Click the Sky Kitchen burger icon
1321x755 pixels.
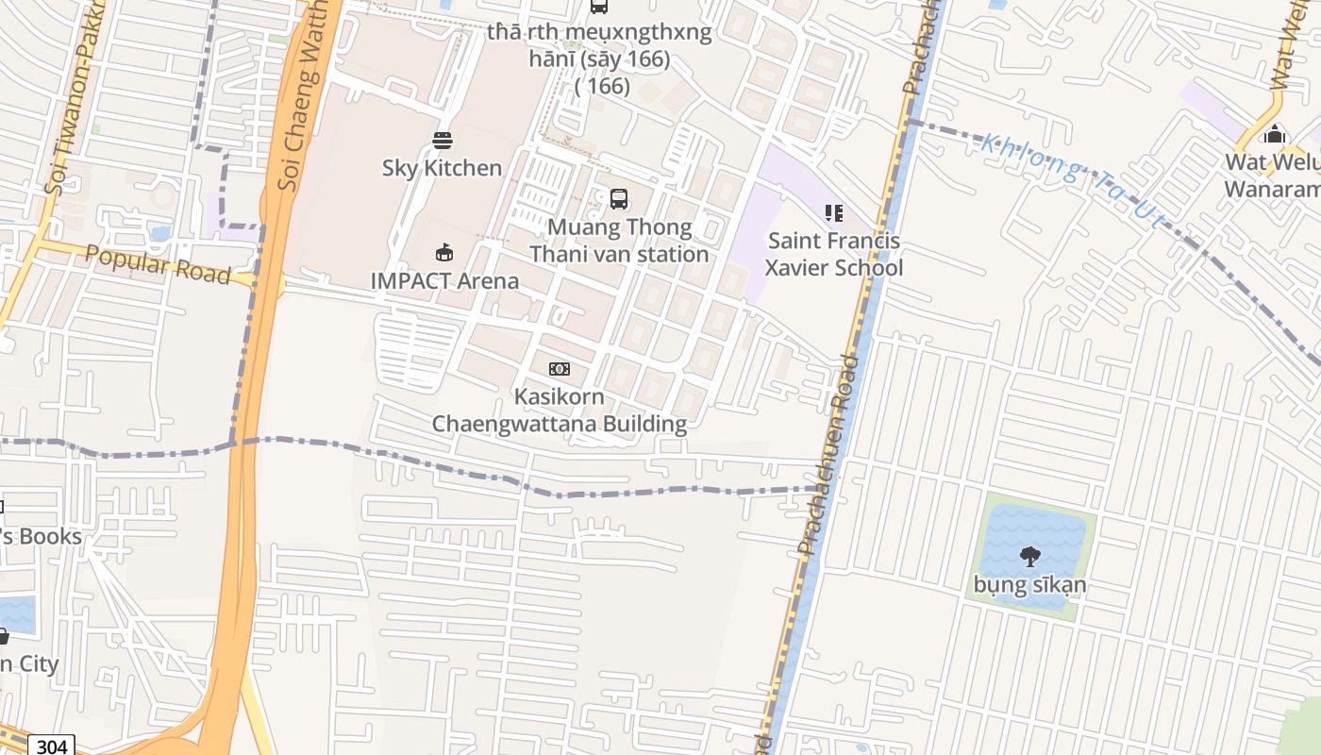coord(443,141)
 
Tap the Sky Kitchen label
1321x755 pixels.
coord(442,168)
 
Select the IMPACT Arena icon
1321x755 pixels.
coord(443,253)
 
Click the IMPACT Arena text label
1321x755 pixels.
coord(444,280)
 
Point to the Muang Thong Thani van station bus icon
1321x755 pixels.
coord(619,199)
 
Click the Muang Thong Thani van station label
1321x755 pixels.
coord(619,241)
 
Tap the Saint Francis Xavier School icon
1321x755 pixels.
coord(833,213)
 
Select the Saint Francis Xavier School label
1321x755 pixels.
coord(833,254)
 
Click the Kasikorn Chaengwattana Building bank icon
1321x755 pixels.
coord(560,369)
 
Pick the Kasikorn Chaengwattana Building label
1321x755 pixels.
coord(560,410)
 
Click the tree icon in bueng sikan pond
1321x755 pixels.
coord(1029,557)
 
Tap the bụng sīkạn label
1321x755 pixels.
coord(1029,584)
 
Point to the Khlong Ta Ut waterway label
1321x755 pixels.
coord(1073,178)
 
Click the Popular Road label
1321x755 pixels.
coord(158,264)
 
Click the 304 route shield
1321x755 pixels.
coord(51,746)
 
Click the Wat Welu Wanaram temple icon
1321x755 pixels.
coord(1275,135)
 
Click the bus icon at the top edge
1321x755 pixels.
coord(599,6)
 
